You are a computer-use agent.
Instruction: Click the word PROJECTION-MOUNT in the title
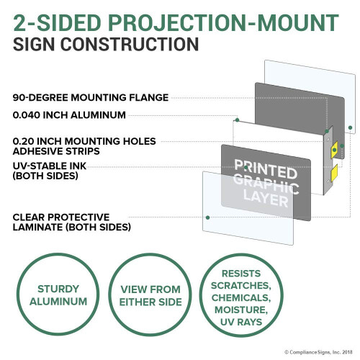click(x=223, y=23)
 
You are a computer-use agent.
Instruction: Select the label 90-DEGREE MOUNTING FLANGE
click(x=91, y=98)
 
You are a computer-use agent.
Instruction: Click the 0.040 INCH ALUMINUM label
click(x=69, y=115)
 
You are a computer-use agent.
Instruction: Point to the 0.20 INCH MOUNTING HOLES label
click(x=84, y=141)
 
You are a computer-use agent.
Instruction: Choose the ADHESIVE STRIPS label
click(x=56, y=151)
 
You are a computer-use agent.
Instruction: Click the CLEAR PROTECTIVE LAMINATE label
click(x=72, y=222)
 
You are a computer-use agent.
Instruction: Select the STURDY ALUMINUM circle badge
click(x=58, y=294)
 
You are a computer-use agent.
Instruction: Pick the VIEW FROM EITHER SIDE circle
click(x=150, y=294)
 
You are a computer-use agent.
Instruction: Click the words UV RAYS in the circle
click(x=241, y=322)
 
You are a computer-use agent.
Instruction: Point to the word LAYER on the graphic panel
click(x=266, y=199)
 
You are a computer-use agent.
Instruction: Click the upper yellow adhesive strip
click(x=334, y=150)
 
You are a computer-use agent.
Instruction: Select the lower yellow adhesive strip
click(x=334, y=173)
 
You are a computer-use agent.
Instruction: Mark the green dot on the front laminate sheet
click(x=208, y=217)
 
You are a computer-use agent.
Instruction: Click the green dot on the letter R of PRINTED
click(x=246, y=167)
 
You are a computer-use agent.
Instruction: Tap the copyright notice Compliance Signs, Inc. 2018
click(x=318, y=352)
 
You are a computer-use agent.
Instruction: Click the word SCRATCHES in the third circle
click(x=241, y=286)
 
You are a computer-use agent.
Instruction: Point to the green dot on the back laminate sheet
click(x=350, y=127)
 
